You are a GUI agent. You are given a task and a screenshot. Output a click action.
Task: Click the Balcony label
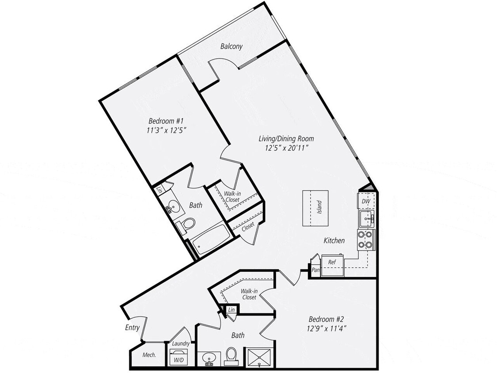(x=231, y=46)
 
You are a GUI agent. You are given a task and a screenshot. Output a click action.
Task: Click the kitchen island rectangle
(x=315, y=208)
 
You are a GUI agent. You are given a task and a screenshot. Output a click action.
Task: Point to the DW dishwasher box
(x=366, y=202)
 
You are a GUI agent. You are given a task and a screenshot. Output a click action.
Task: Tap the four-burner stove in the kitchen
(x=366, y=240)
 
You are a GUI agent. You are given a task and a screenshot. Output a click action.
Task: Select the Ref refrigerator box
(x=331, y=262)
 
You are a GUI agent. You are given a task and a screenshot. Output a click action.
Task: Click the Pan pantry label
(x=315, y=270)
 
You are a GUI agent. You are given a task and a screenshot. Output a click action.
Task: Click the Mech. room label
(x=148, y=355)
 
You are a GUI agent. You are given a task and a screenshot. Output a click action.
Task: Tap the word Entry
(x=132, y=327)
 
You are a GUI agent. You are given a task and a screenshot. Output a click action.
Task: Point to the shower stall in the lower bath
(x=258, y=356)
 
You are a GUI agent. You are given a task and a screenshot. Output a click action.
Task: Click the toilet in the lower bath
(x=231, y=356)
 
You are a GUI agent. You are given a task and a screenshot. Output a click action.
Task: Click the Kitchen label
(x=334, y=241)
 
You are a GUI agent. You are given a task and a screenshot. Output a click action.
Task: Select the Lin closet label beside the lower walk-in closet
(x=231, y=311)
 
